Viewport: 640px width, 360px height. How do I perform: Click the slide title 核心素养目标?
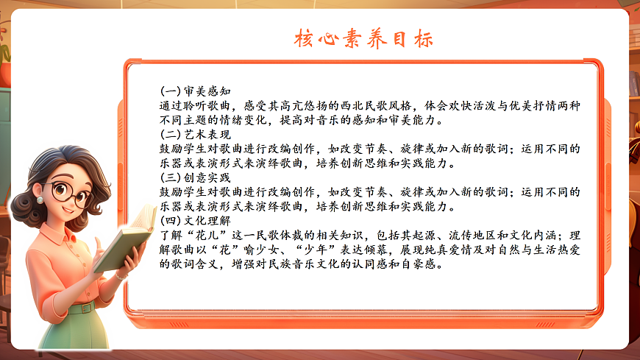(363, 38)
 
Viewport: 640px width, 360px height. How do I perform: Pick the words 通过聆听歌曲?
(193, 106)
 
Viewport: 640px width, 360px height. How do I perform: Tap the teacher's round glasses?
(71, 195)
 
